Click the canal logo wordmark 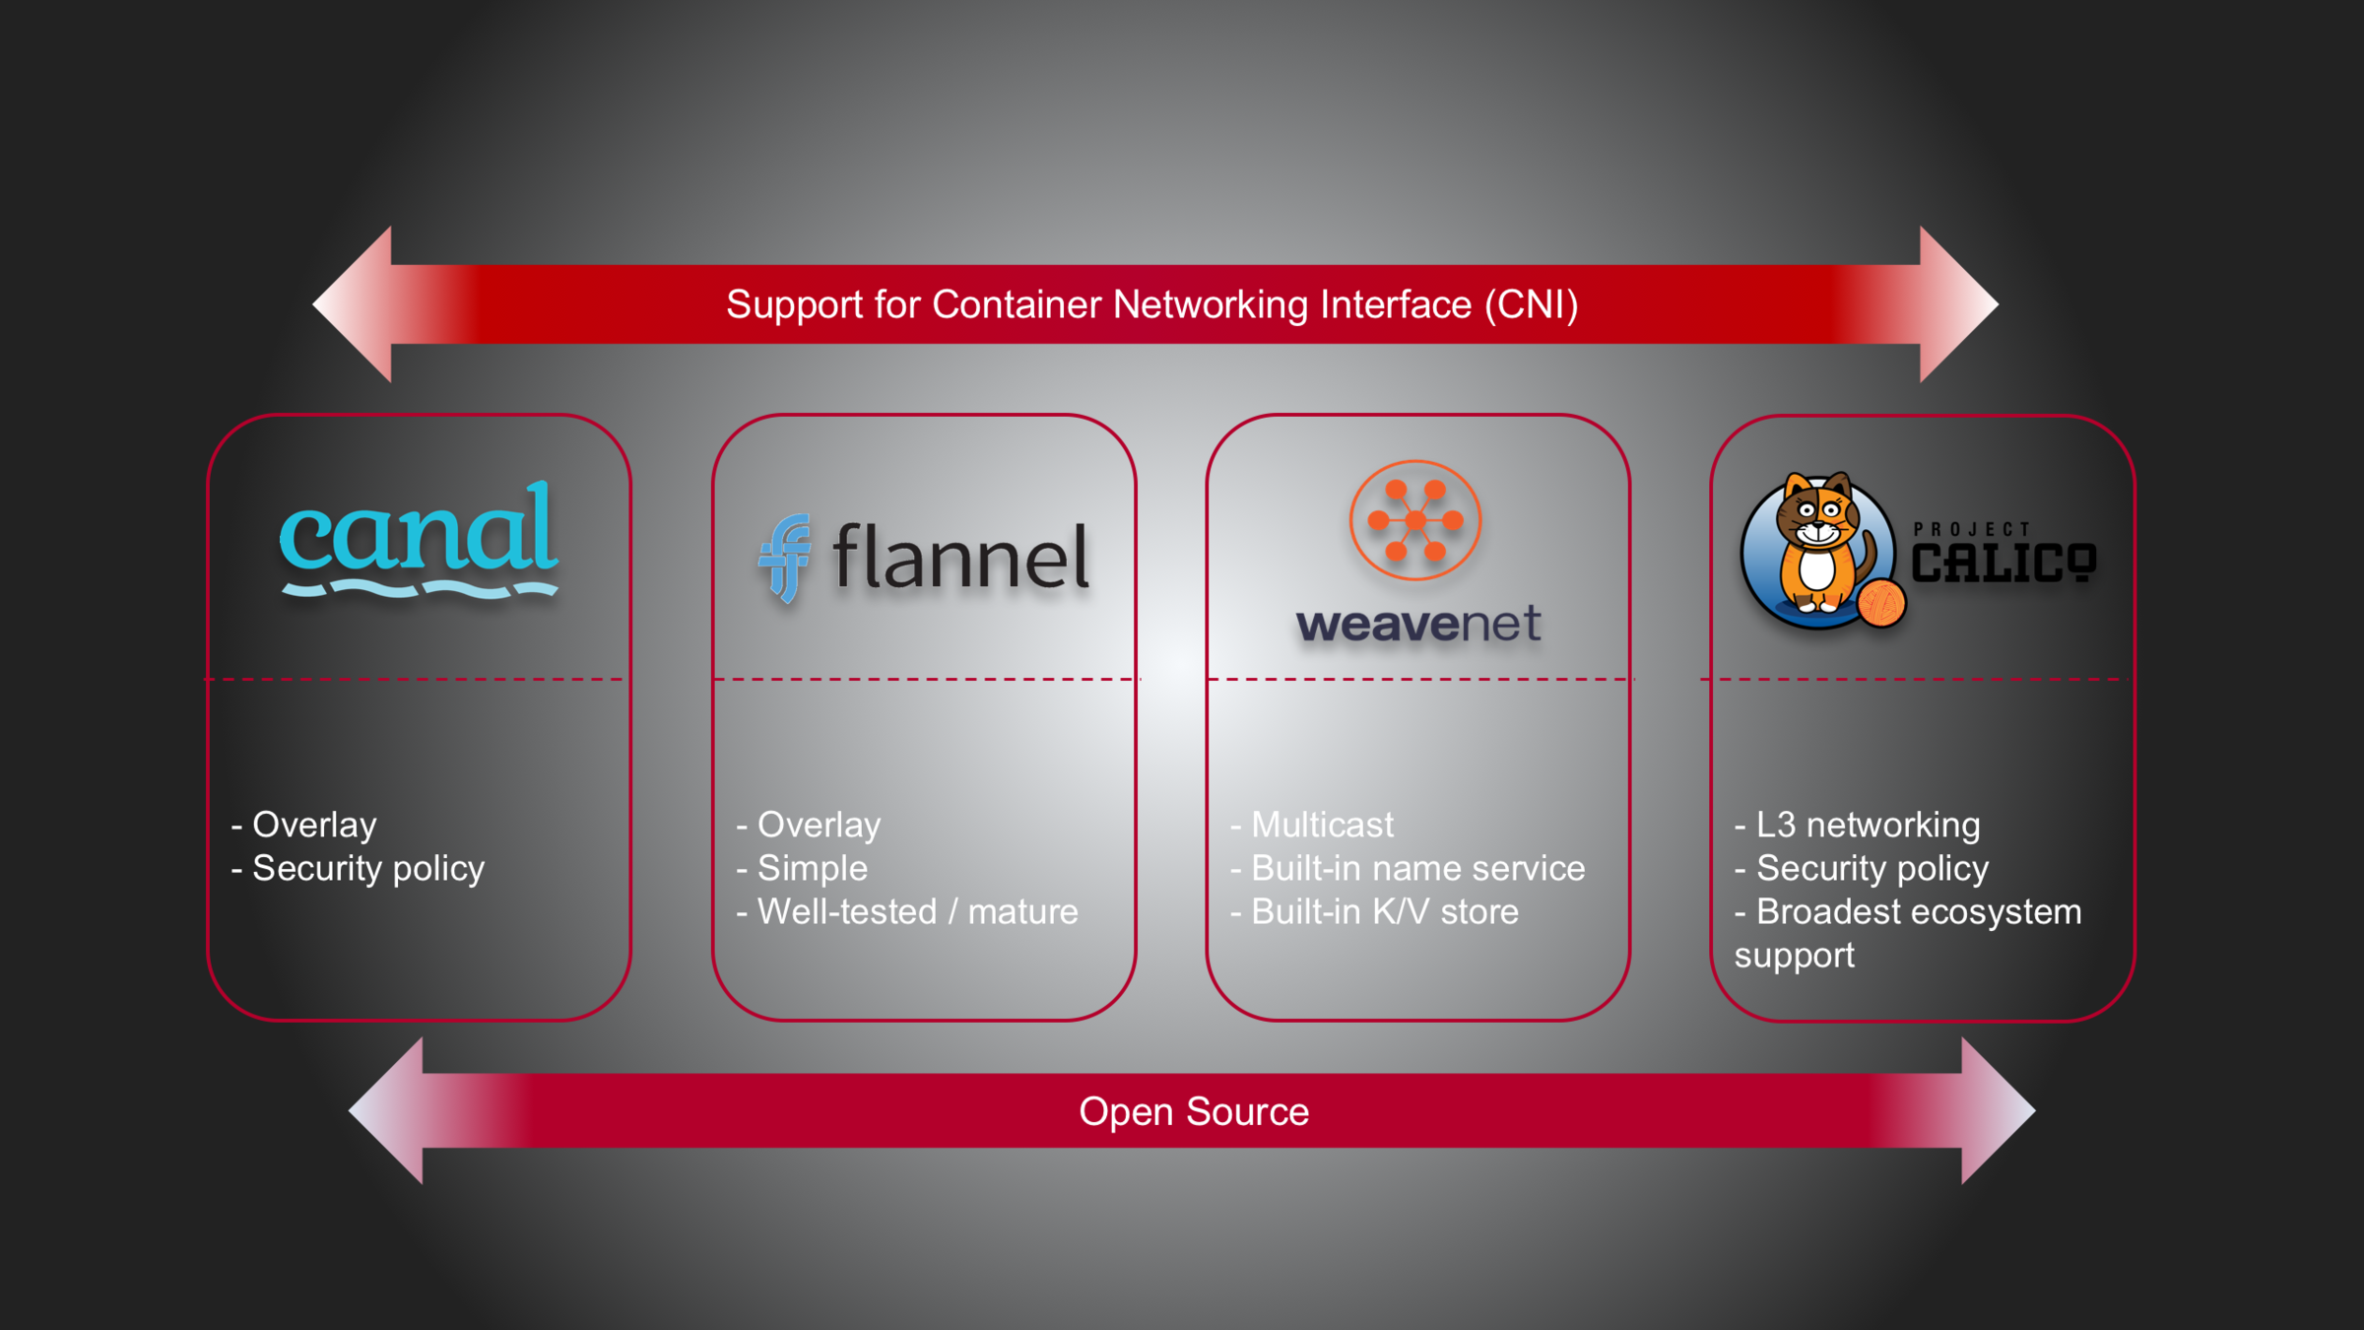[419, 532]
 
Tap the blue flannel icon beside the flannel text [785, 558]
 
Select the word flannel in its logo [960, 558]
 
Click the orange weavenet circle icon [1415, 520]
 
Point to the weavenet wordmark [1418, 625]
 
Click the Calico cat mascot [1815, 547]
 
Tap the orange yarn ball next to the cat [1881, 603]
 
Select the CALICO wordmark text [2003, 564]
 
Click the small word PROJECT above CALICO [1972, 529]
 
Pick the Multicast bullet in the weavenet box [1322, 825]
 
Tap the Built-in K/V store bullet [1384, 911]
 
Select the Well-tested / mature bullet [917, 911]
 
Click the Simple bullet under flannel [812, 868]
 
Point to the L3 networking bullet [1868, 825]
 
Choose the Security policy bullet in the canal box [367, 868]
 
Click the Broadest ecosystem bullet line [1918, 911]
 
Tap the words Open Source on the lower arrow [1194, 1111]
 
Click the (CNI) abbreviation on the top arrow [1532, 304]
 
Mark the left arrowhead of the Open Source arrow [389, 1110]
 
